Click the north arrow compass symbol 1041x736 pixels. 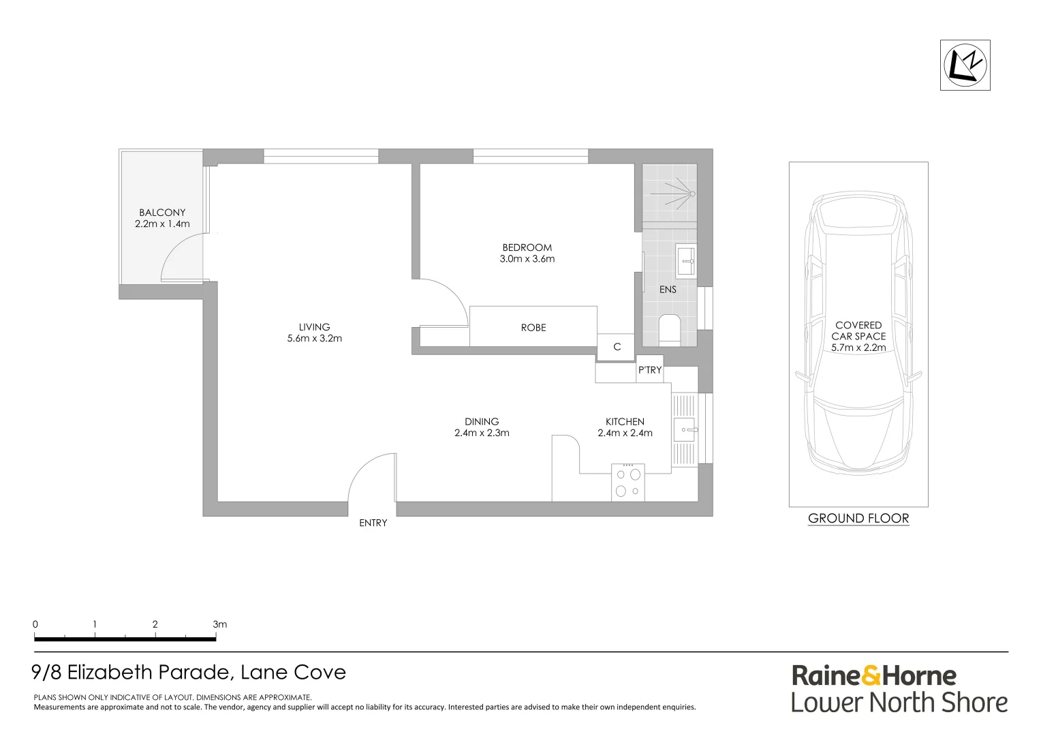[x=965, y=65]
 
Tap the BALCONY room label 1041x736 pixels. [x=162, y=213]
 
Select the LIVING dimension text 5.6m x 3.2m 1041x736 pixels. [x=314, y=339]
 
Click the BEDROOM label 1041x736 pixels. [x=527, y=247]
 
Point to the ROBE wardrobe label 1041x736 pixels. [x=533, y=328]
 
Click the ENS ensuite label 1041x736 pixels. [x=668, y=290]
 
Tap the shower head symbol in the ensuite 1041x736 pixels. [x=692, y=194]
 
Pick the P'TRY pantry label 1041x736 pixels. [x=649, y=370]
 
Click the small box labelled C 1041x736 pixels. [x=617, y=347]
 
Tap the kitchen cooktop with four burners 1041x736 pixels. [x=627, y=482]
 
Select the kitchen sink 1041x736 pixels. [x=685, y=430]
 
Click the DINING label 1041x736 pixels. [x=482, y=422]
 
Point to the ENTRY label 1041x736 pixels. [x=373, y=523]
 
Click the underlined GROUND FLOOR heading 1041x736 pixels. [x=858, y=519]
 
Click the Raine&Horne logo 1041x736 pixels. [x=874, y=676]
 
